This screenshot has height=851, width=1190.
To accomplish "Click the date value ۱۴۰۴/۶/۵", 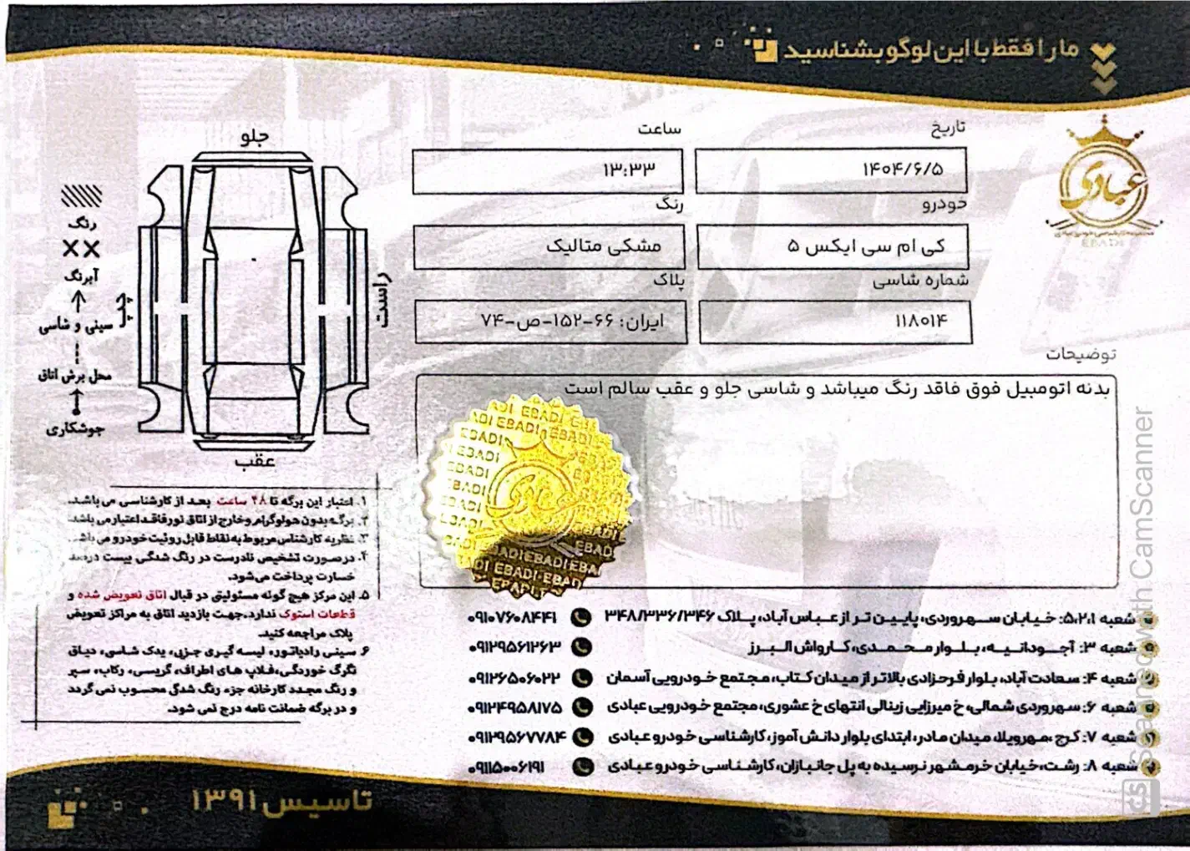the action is tap(903, 170).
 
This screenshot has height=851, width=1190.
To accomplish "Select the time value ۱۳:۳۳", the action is tap(629, 170).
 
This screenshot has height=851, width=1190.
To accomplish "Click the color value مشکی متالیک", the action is tap(604, 246).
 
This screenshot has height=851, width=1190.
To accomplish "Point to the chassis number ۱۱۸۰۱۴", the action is tap(921, 321).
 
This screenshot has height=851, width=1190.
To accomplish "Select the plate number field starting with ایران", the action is tap(573, 322).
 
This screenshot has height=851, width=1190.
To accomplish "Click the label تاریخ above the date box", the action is tap(948, 128).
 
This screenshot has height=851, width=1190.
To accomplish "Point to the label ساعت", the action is tap(660, 129).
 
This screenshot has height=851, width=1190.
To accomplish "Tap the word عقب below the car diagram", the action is tap(255, 461).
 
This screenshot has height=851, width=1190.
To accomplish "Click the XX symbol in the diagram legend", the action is tap(81, 249).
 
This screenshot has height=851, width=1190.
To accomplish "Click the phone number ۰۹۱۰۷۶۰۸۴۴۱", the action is tap(513, 618).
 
